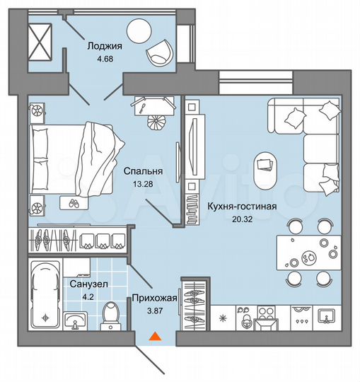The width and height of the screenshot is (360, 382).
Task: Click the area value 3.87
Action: [153, 311]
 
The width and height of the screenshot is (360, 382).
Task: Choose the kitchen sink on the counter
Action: [326, 316]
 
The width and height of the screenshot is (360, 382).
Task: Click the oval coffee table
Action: [266, 166]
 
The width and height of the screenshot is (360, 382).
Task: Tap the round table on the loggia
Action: [140, 32]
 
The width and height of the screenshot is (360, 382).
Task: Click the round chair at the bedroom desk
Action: [156, 123]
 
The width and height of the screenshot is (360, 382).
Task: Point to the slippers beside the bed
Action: [72, 202]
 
